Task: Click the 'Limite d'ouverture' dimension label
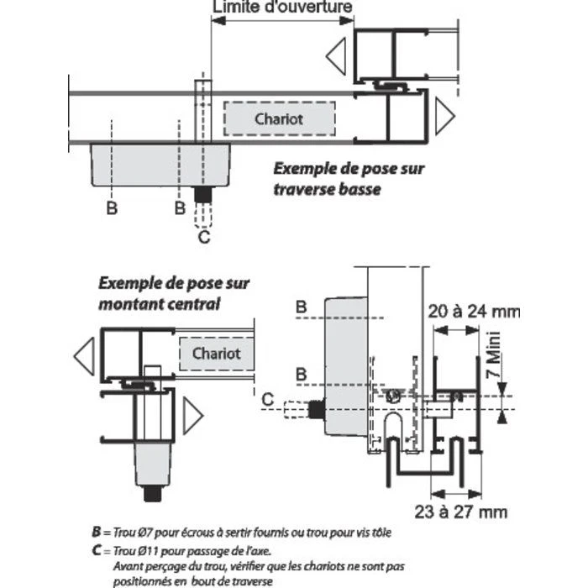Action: (282, 8)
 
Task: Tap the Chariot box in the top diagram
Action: (279, 119)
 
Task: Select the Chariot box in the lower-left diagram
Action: (216, 354)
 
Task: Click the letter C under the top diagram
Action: (202, 238)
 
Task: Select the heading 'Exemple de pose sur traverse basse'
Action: (349, 178)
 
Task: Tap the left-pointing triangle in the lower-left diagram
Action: (84, 356)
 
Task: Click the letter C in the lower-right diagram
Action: (266, 400)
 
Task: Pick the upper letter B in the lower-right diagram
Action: (300, 308)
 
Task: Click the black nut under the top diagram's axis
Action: (202, 194)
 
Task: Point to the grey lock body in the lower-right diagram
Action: (344, 370)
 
